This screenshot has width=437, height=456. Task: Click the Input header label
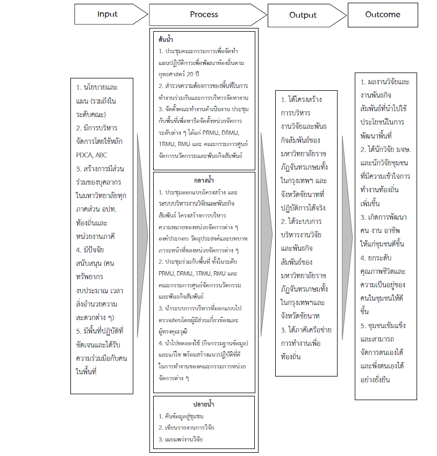point(108,15)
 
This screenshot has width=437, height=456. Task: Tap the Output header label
point(303,15)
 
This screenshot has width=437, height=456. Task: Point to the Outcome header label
point(383,15)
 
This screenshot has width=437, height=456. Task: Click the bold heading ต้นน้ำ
point(166,40)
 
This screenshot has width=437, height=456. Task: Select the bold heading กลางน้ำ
point(205,181)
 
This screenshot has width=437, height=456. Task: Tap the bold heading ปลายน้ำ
point(205,404)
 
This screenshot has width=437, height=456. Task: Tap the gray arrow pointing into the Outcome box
point(348,226)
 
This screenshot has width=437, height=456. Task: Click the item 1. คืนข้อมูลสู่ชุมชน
point(181,416)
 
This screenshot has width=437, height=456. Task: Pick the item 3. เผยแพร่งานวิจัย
point(181,439)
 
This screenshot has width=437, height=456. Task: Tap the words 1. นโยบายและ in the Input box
point(96,86)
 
